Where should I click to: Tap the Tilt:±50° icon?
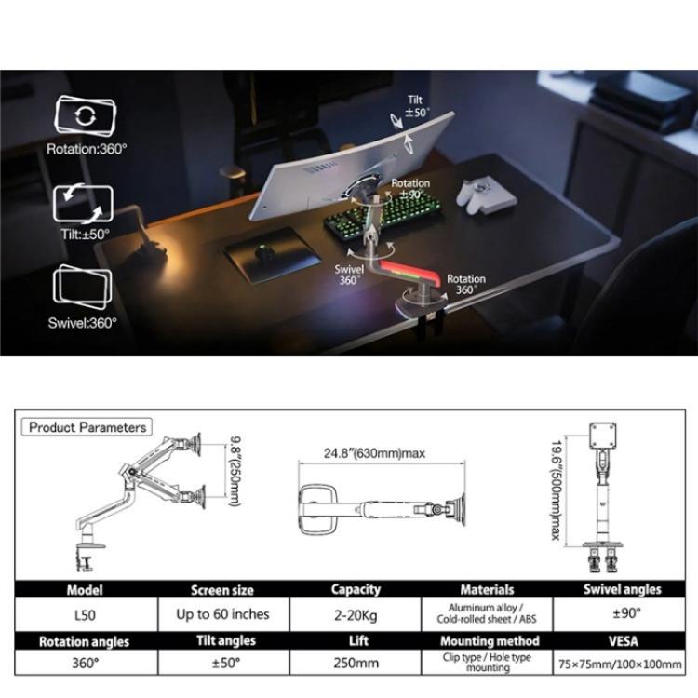point(83,203)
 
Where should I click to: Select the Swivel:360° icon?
point(83,287)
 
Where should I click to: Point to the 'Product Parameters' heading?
point(87,427)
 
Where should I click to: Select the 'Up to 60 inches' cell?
point(222,614)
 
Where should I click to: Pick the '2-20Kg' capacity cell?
point(356,614)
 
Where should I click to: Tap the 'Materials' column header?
point(487,589)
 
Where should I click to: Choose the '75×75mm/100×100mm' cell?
point(623,664)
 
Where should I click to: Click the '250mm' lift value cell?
point(356,664)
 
